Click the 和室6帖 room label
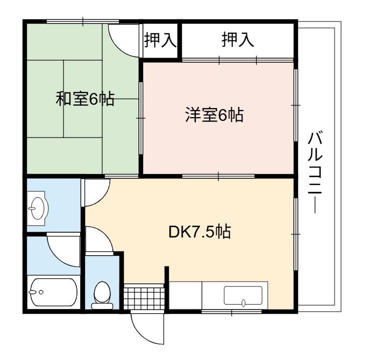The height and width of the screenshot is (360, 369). click(x=85, y=99)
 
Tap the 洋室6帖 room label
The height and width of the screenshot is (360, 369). click(x=215, y=115)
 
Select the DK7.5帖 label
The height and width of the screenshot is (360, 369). click(x=200, y=232)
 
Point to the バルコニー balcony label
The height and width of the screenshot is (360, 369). click(x=315, y=173)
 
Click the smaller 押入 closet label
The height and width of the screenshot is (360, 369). click(x=160, y=40)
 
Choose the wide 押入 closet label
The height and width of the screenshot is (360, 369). click(x=238, y=40)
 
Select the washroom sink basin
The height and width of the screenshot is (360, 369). click(x=38, y=208)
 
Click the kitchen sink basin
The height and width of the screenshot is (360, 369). click(x=243, y=296)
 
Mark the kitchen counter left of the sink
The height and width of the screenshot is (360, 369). click(x=186, y=295)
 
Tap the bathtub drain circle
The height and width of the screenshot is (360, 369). click(x=41, y=292)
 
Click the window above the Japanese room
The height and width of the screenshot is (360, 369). click(x=83, y=21)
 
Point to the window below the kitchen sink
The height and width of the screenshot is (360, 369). click(x=232, y=312)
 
